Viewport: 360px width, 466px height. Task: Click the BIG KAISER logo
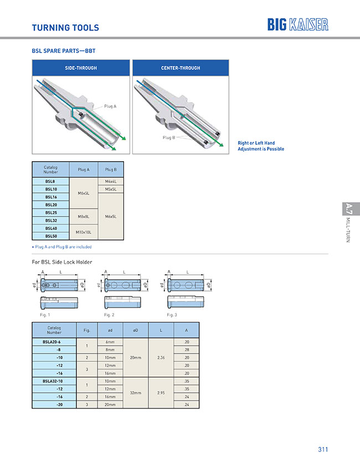tap(297, 24)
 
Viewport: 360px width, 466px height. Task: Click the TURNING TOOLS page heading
tap(65, 27)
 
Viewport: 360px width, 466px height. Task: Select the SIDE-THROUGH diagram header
tap(81, 68)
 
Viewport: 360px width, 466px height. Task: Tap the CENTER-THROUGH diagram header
tap(181, 68)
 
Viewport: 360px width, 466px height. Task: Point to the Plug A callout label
tap(110, 106)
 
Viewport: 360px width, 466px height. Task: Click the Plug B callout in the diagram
tap(168, 137)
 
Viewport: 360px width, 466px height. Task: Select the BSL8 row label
tap(50, 181)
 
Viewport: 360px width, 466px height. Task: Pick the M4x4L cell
tap(111, 181)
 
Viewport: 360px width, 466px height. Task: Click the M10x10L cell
tap(84, 232)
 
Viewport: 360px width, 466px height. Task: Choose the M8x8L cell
tap(84, 217)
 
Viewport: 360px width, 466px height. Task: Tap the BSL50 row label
tap(50, 236)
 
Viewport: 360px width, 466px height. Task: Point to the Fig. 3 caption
tap(172, 315)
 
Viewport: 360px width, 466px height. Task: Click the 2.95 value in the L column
tap(161, 393)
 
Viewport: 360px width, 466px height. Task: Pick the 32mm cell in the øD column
tap(135, 393)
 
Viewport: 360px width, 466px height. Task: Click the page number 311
tap(323, 449)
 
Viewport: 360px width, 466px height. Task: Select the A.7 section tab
tap(348, 209)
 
